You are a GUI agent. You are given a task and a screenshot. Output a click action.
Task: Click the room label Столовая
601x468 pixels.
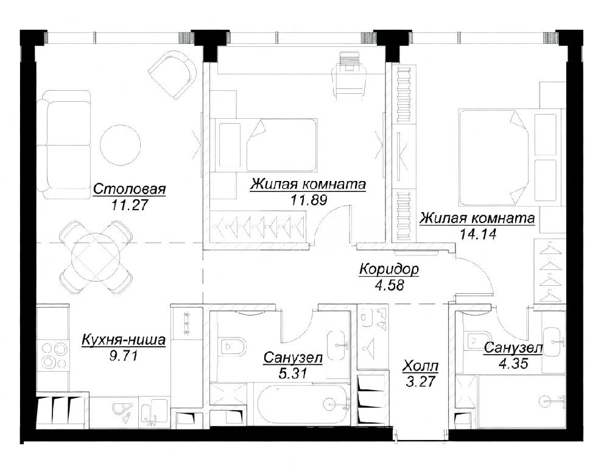point(130,189)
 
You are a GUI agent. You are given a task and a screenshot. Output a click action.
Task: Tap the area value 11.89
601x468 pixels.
point(308,199)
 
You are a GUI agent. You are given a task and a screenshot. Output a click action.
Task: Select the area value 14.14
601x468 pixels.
point(477,233)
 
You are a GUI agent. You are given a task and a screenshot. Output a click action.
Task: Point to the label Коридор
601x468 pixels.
point(389,269)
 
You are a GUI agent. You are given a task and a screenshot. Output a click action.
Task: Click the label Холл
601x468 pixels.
point(420,366)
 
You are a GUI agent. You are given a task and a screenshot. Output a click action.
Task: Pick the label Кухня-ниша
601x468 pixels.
point(124,340)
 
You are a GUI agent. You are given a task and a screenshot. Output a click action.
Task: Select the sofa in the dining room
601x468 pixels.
point(64,144)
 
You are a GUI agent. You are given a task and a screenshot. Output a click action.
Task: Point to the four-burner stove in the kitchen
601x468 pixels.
point(53,355)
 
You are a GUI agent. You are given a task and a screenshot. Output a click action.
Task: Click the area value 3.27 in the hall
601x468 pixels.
point(421,381)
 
